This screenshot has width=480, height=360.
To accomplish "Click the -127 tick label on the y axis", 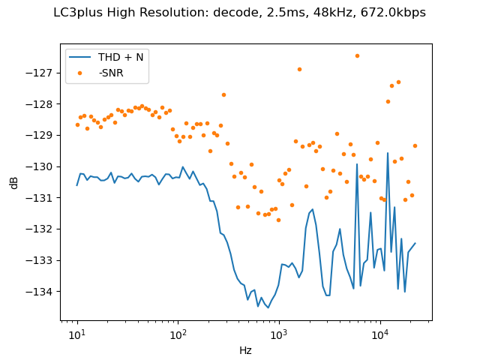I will pyautogui.click(x=42, y=73).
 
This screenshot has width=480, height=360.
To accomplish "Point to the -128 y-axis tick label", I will pyautogui.click(x=42, y=103).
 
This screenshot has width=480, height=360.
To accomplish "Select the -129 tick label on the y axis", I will pyautogui.click(x=42, y=135).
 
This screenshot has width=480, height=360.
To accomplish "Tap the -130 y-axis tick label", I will pyautogui.click(x=42, y=166).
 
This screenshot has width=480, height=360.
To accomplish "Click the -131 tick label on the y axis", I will pyautogui.click(x=42, y=197).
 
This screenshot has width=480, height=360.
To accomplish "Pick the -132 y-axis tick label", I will pyautogui.click(x=42, y=229).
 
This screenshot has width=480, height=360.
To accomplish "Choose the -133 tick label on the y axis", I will pyautogui.click(x=42, y=260).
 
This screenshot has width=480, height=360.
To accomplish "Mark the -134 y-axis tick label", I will pyautogui.click(x=42, y=291).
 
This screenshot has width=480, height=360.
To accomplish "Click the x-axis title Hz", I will pyautogui.click(x=245, y=350).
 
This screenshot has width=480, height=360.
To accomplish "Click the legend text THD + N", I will pyautogui.click(x=120, y=58).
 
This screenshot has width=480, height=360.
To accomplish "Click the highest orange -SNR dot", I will pyautogui.click(x=357, y=55).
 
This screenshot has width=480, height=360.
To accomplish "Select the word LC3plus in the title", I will pyautogui.click(x=97, y=13).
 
